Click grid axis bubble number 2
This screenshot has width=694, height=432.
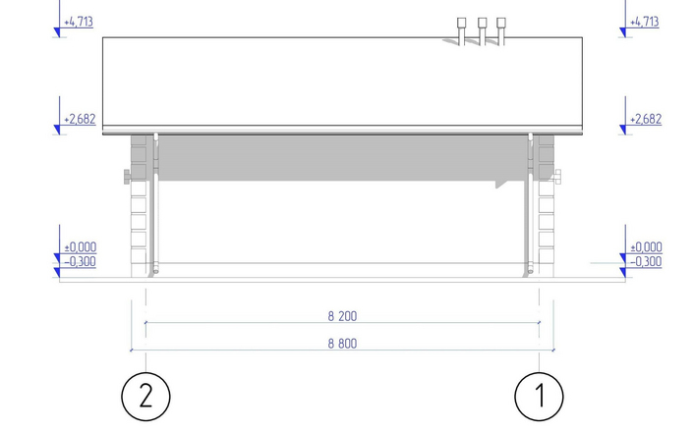pyautogui.click(x=145, y=397)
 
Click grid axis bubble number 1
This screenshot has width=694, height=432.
pyautogui.click(x=539, y=397)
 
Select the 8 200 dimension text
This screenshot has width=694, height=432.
pyautogui.click(x=342, y=316)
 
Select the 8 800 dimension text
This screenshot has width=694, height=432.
pyautogui.click(x=342, y=344)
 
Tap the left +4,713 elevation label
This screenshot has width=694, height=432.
pyautogui.click(x=79, y=22)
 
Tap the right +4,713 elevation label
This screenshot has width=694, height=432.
pyautogui.click(x=645, y=22)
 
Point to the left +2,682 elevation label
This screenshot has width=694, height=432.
pyautogui.click(x=80, y=119)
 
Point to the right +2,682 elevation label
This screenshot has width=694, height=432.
pyautogui.click(x=646, y=119)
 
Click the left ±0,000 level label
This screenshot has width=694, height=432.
pyautogui.click(x=81, y=246)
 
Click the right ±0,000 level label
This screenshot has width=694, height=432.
pyautogui.click(x=646, y=246)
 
